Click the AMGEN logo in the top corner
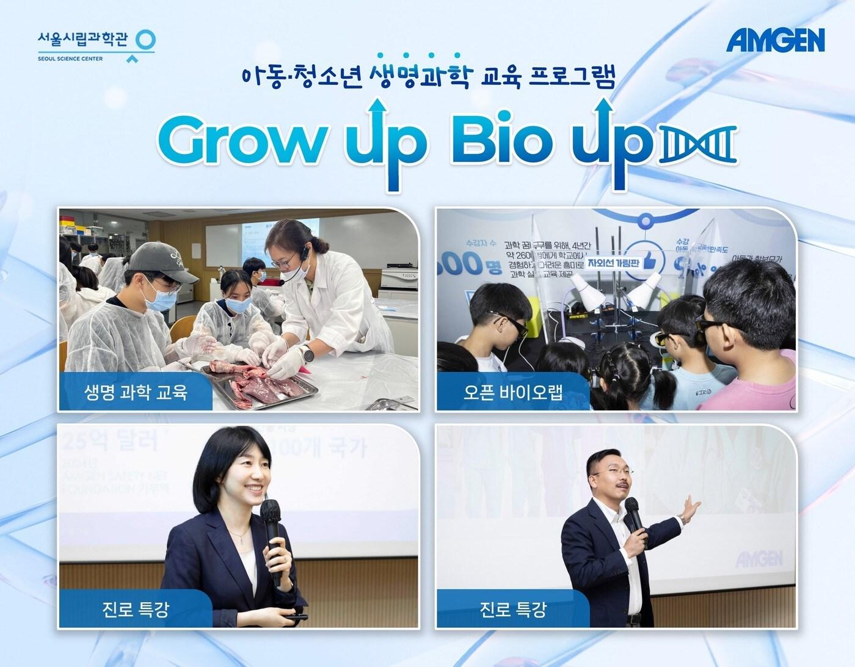[x=775, y=41]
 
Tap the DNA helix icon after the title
[x=697, y=146]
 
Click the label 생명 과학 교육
[x=135, y=392]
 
